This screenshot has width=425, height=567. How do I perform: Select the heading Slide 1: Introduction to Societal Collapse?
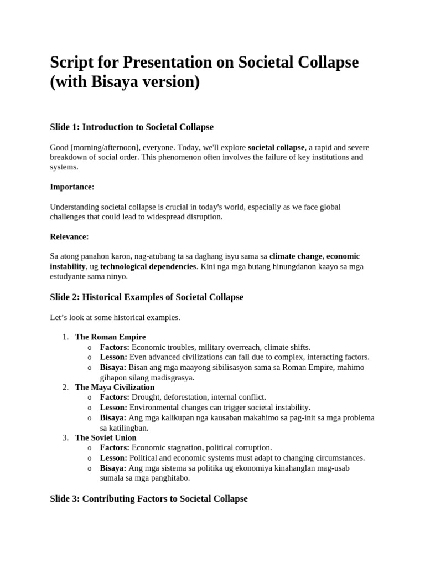pyautogui.click(x=132, y=127)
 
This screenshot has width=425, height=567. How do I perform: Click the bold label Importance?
pyautogui.click(x=72, y=187)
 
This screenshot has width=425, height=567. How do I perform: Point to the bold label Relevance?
pyautogui.click(x=69, y=237)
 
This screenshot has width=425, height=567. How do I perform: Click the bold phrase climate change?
pyautogui.click(x=296, y=256)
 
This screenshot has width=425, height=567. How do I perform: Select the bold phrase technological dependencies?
pyautogui.click(x=148, y=266)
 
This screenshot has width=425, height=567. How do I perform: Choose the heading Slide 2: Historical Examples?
pyautogui.click(x=147, y=297)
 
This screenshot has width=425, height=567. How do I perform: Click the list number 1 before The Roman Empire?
pyautogui.click(x=65, y=337)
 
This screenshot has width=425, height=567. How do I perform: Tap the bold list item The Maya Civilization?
pyautogui.click(x=115, y=387)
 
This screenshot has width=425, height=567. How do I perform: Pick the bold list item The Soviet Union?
pyautogui.click(x=105, y=437)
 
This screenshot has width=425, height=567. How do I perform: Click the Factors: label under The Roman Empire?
pyautogui.click(x=115, y=347)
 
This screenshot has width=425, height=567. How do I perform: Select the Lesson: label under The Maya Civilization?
pyautogui.click(x=113, y=408)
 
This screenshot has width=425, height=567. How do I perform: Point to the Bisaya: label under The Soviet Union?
pyautogui.click(x=113, y=468)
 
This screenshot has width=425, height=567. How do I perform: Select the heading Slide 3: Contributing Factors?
pyautogui.click(x=148, y=499)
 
